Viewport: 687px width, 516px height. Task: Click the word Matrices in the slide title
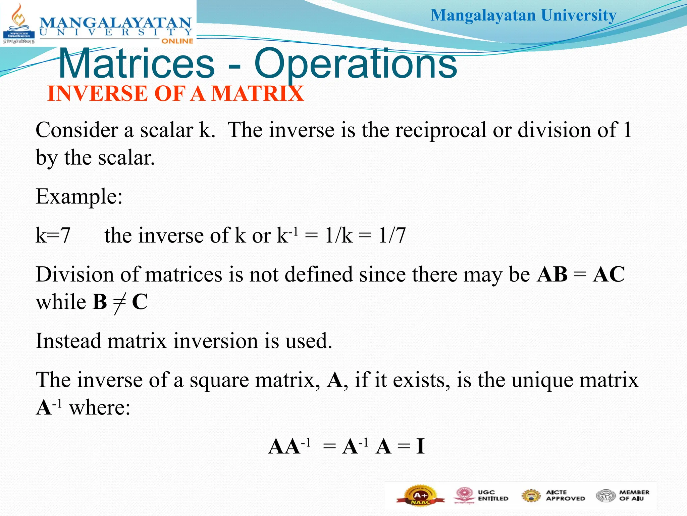pyautogui.click(x=136, y=64)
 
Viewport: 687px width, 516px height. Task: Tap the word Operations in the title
pyautogui.click(x=356, y=64)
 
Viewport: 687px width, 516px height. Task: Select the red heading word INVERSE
pyautogui.click(x=97, y=93)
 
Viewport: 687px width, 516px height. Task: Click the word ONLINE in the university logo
pyautogui.click(x=177, y=41)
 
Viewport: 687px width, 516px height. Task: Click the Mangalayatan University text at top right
pyautogui.click(x=523, y=15)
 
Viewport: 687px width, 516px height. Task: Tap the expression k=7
pyautogui.click(x=53, y=235)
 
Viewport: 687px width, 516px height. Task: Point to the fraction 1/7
pyautogui.click(x=392, y=235)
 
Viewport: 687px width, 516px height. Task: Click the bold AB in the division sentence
pyautogui.click(x=552, y=274)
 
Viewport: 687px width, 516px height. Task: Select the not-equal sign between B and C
pyautogui.click(x=119, y=302)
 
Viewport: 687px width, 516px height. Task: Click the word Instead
pyautogui.click(x=68, y=341)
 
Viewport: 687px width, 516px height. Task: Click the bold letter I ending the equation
pyautogui.click(x=420, y=447)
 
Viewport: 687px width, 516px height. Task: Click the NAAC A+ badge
pyautogui.click(x=421, y=496)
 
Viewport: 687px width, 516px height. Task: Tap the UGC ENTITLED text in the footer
pyautogui.click(x=493, y=496)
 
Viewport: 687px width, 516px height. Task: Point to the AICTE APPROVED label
pyautogui.click(x=565, y=496)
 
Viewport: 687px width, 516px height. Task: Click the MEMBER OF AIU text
pyautogui.click(x=634, y=496)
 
